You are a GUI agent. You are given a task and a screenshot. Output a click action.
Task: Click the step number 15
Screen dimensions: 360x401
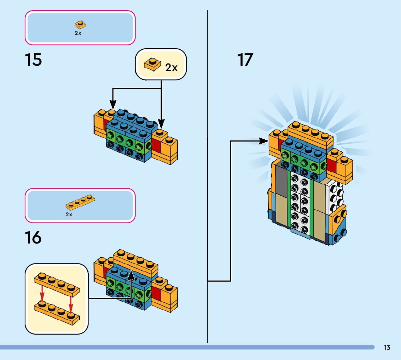tap(33, 60)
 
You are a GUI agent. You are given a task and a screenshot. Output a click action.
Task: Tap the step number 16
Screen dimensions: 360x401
tap(33, 238)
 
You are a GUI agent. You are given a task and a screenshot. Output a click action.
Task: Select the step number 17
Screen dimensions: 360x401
tap(245, 60)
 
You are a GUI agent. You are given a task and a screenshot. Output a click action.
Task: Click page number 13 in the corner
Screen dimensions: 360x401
tap(387, 348)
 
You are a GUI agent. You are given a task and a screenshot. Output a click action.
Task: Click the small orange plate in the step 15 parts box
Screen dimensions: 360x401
tap(80, 25)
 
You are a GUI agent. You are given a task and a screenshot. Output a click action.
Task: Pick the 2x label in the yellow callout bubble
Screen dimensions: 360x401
tap(171, 67)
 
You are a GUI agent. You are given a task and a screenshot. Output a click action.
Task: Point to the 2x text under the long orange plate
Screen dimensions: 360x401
tap(69, 214)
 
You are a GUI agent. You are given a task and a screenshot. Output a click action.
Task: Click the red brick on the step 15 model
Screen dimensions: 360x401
tap(156, 146)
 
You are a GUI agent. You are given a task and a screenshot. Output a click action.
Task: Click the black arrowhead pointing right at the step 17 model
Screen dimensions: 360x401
tap(264, 141)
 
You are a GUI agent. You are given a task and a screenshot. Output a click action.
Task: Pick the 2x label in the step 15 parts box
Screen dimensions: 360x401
tap(78, 33)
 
